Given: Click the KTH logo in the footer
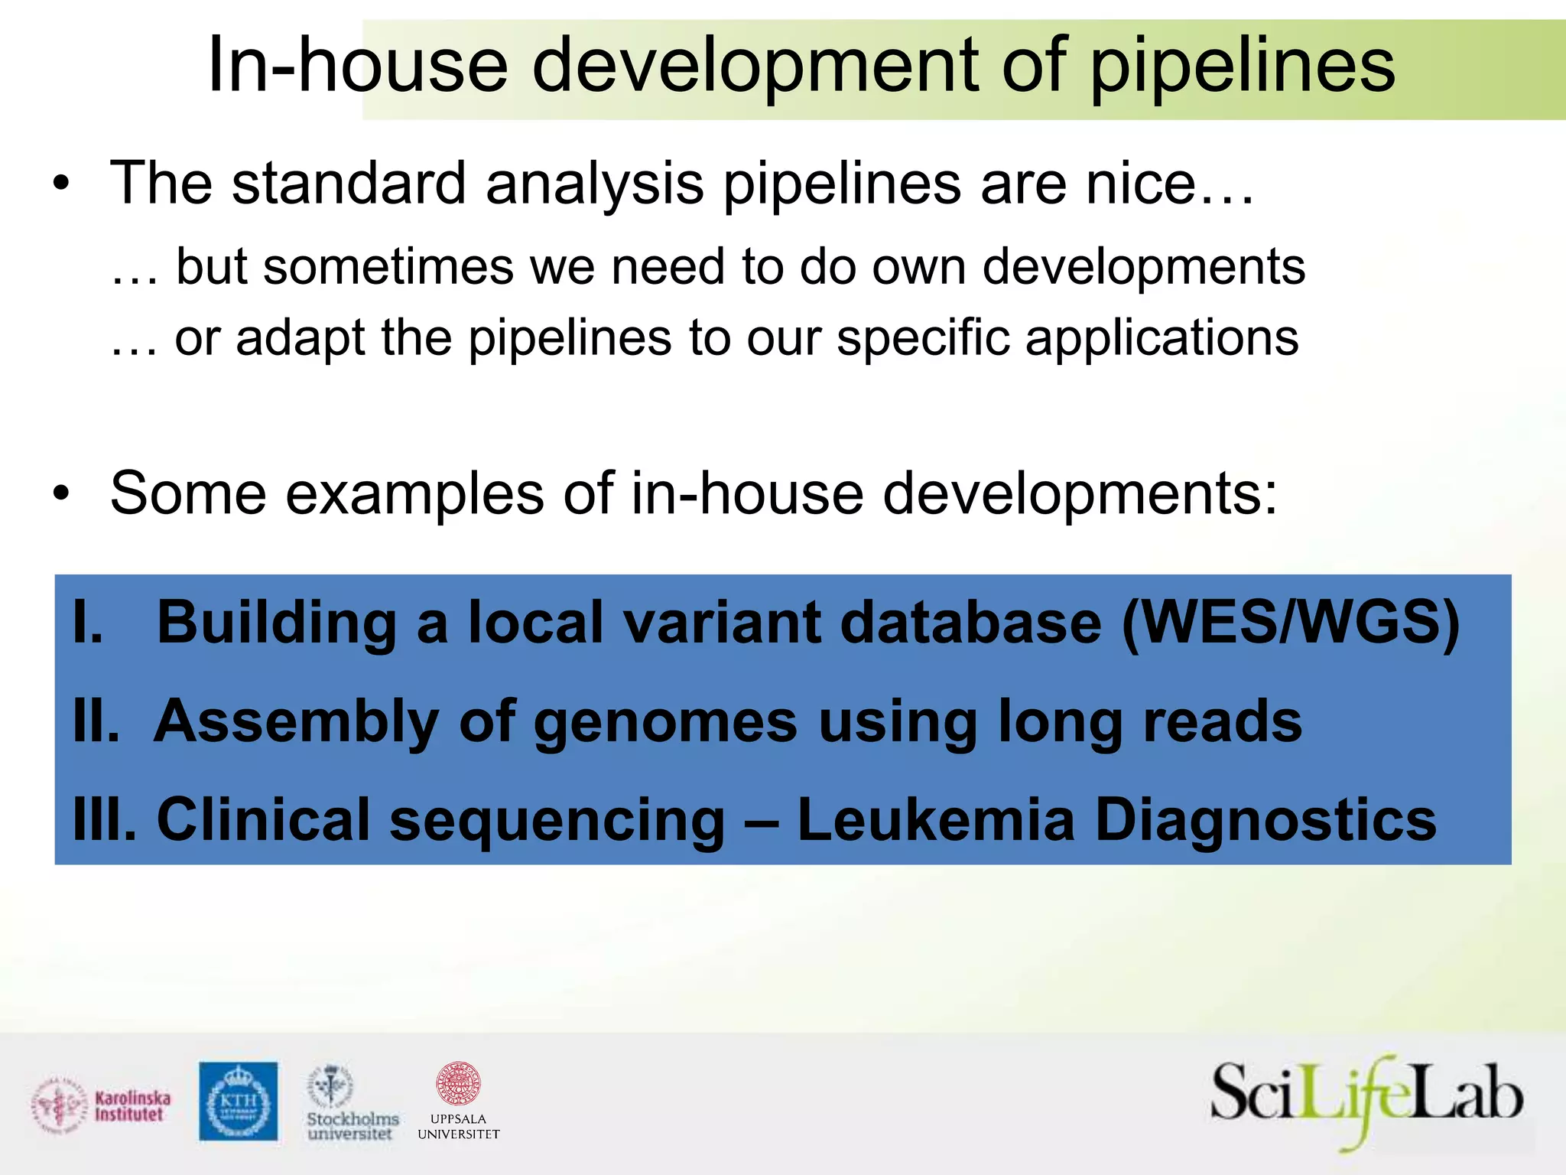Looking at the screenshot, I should click(239, 1101).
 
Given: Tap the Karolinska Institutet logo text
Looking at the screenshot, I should click(132, 1106).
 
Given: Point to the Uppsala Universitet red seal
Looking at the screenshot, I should click(457, 1083).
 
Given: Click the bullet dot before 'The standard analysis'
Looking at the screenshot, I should click(61, 184).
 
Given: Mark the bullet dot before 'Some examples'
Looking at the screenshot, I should click(61, 493).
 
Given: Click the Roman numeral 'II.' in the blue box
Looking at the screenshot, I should click(96, 721).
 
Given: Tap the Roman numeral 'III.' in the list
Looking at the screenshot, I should click(105, 819).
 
